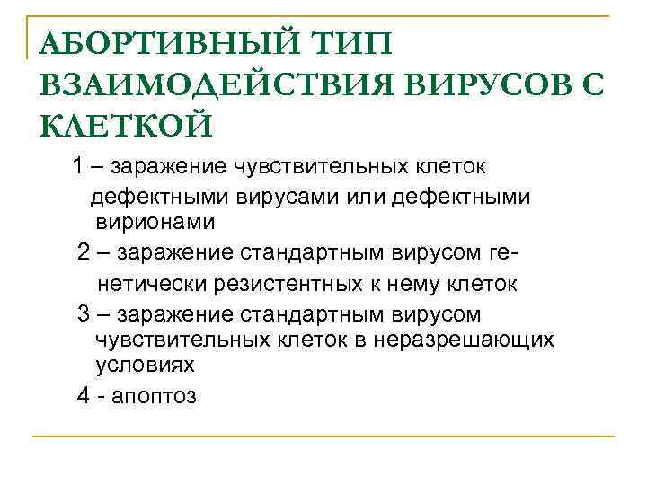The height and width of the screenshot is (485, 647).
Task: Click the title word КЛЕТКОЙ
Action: click(x=126, y=125)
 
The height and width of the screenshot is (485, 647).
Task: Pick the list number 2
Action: click(x=84, y=252)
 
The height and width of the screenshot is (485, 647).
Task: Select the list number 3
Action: click(x=84, y=314)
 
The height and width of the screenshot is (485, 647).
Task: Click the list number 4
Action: click(x=84, y=395)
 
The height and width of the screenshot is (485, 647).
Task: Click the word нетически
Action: click(x=152, y=285)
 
